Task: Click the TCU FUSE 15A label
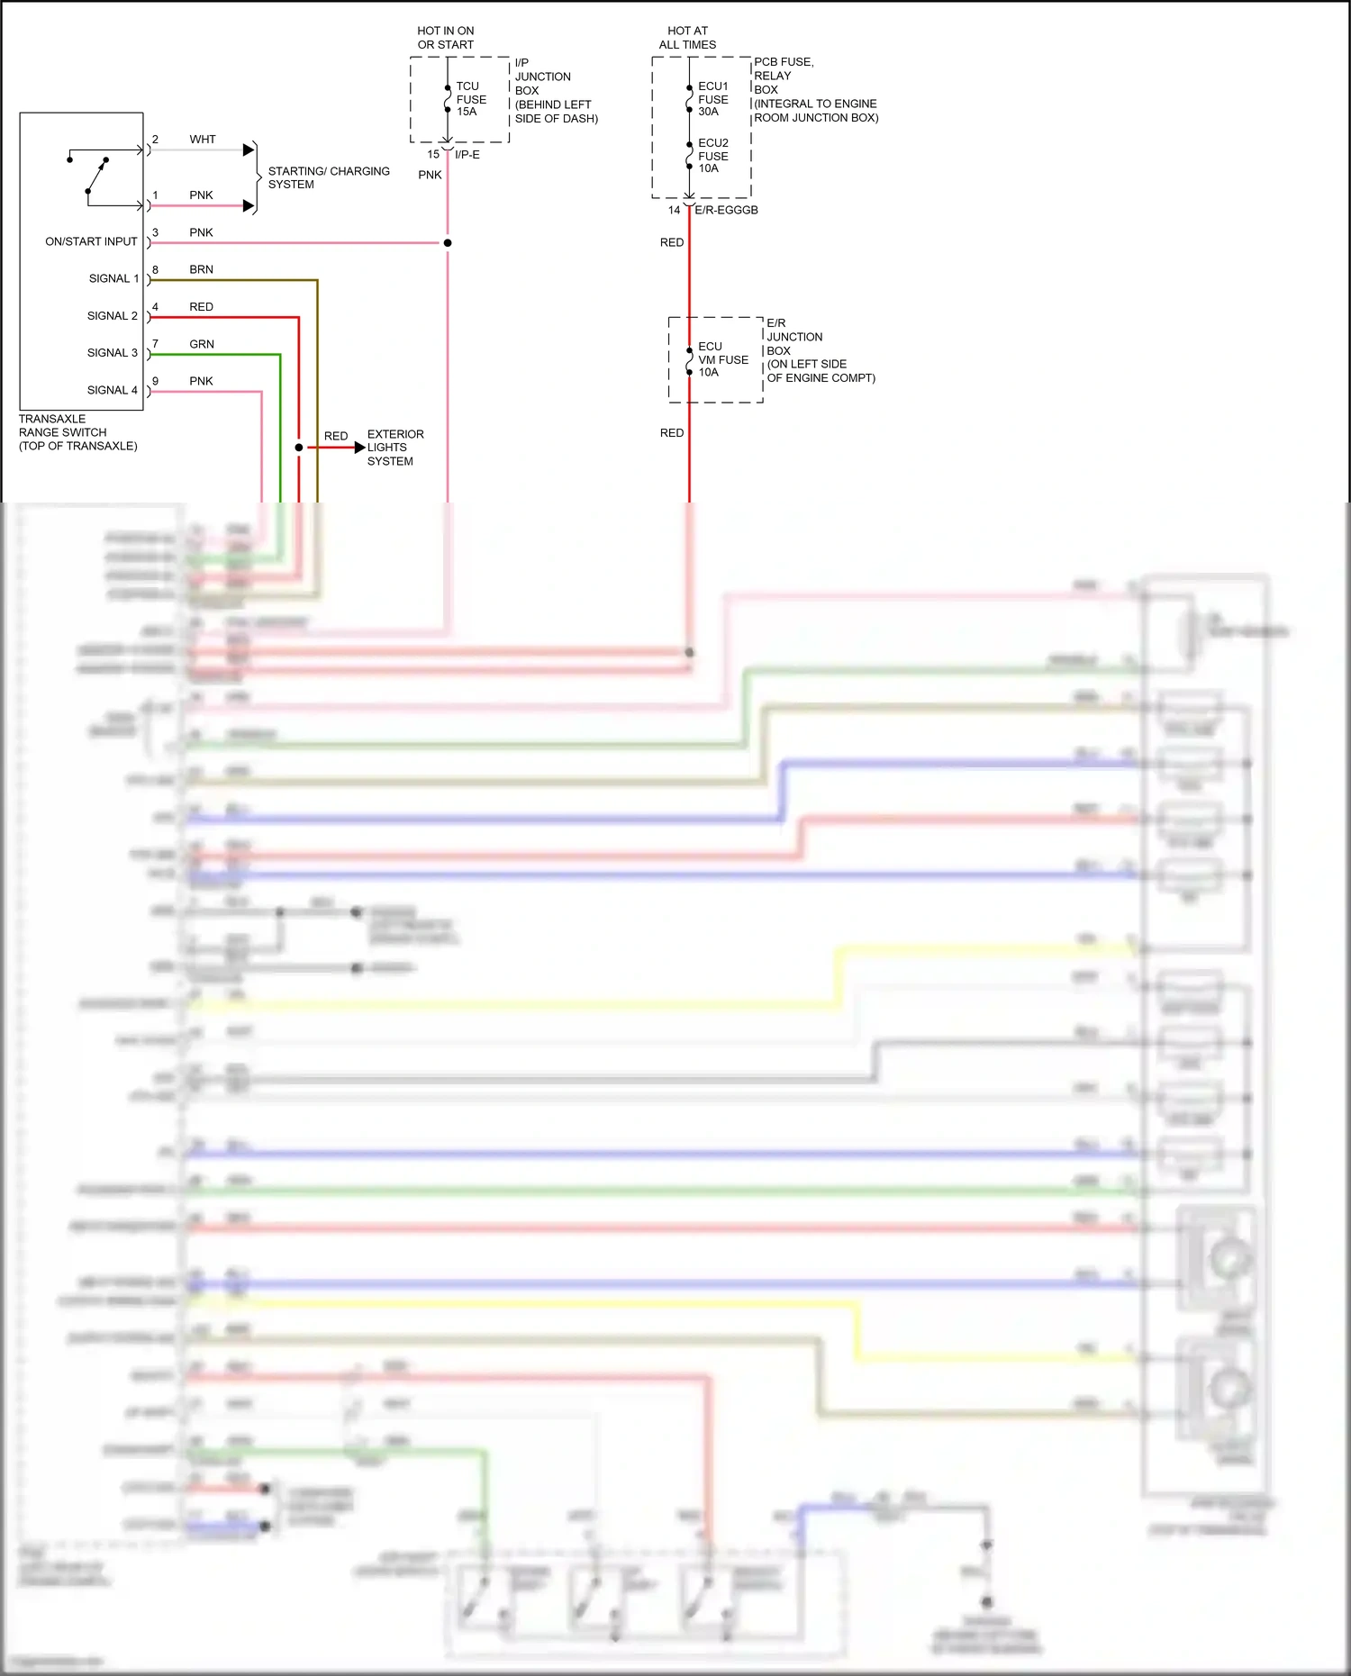(470, 99)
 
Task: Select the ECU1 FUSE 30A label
(712, 99)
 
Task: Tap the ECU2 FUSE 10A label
(712, 156)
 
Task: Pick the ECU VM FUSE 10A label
(722, 359)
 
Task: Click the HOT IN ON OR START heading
(445, 38)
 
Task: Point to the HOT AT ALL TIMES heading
(687, 38)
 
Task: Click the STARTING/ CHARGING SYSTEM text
(328, 177)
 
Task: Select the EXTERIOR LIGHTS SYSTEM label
(394, 448)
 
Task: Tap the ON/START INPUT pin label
(91, 241)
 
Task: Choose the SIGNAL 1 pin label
(113, 278)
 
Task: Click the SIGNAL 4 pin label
(113, 390)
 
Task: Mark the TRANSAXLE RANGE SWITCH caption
(77, 432)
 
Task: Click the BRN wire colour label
(201, 269)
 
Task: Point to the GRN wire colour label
(202, 344)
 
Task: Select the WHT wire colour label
(203, 140)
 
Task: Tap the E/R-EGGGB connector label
(726, 210)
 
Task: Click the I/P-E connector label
(467, 155)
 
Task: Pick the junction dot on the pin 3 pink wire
(448, 243)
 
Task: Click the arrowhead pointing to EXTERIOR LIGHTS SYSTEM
(360, 448)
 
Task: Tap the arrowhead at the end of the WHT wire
(249, 150)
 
